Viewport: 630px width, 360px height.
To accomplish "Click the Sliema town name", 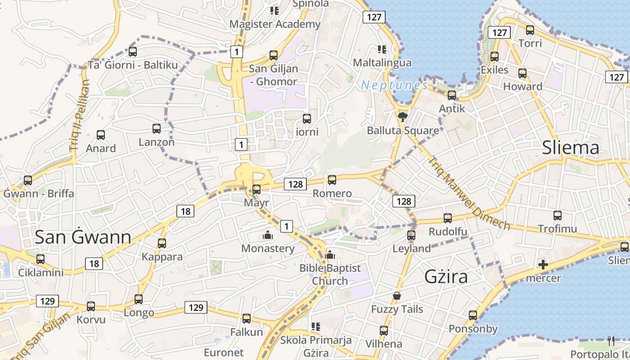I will tap(571, 148).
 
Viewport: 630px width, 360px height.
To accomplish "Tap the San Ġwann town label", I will tap(83, 237).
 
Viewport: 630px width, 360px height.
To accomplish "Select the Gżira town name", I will tap(446, 276).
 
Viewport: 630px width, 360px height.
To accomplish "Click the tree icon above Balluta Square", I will tap(402, 117).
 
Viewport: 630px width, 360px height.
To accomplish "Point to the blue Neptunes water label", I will tap(394, 85).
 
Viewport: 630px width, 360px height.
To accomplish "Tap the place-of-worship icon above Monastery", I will tap(268, 235).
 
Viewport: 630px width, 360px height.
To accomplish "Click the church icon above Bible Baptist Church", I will tap(330, 255).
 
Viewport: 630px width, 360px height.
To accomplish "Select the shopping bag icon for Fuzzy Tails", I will tap(396, 296).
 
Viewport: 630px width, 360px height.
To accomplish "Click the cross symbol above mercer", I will tap(543, 265).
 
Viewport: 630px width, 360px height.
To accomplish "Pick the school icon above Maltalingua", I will tap(382, 49).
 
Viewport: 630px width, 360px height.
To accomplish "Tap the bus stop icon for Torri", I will tap(530, 30).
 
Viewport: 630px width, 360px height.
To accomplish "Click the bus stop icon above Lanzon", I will tap(157, 129).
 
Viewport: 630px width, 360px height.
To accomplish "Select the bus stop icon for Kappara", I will tap(162, 243).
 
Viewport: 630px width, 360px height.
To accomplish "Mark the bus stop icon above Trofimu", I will tap(558, 216).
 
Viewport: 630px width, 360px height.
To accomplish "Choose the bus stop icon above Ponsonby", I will tap(473, 315).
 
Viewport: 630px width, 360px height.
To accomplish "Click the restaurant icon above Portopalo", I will tap(611, 341).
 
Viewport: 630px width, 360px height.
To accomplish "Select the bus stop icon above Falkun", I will tap(246, 319).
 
